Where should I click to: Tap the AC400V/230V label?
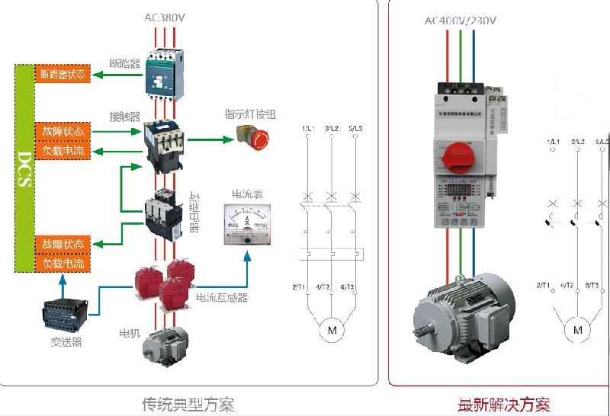pyautogui.click(x=460, y=20)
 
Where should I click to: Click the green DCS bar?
pyautogui.click(x=24, y=169)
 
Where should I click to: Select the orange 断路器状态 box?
pyautogui.click(x=63, y=75)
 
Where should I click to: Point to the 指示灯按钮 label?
pyautogui.click(x=249, y=114)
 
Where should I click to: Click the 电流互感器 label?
pyautogui.click(x=222, y=297)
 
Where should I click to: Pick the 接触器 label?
pyautogui.click(x=125, y=117)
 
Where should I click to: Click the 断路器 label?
pyautogui.click(x=125, y=64)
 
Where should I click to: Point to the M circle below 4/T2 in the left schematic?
pyautogui.click(x=331, y=331)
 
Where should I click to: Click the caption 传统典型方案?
pyautogui.click(x=188, y=404)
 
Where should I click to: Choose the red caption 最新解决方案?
pyautogui.click(x=503, y=405)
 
